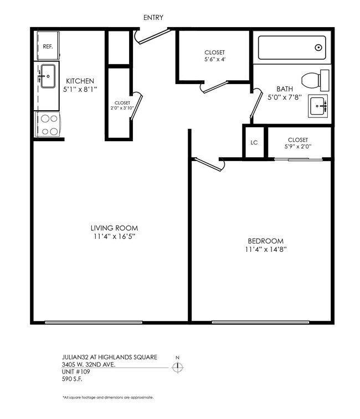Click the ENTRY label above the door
point(153,18)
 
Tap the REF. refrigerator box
point(48,46)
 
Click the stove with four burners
point(48,123)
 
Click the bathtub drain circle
point(319,48)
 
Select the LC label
point(254,142)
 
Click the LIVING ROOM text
point(115,228)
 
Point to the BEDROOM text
point(265,241)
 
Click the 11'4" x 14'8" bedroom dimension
point(266,249)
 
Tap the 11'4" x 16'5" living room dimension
point(115,236)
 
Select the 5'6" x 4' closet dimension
point(214,60)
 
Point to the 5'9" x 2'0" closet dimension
point(298,147)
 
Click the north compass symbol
point(178,368)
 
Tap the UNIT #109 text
point(75,372)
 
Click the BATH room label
point(285,89)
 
